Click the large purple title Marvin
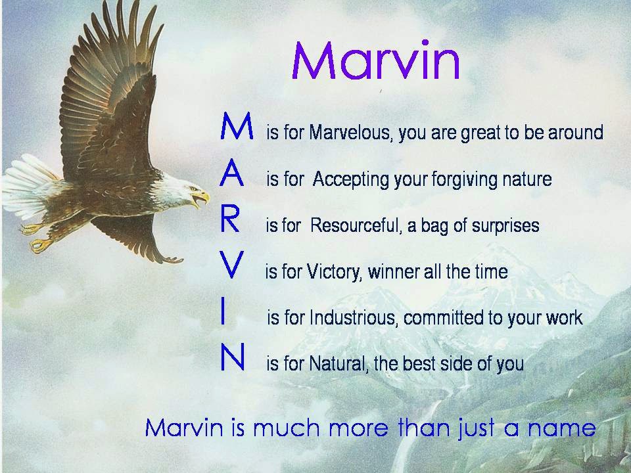[375, 60]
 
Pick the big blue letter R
[230, 221]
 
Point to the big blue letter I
[224, 313]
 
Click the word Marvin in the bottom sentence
[186, 428]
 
